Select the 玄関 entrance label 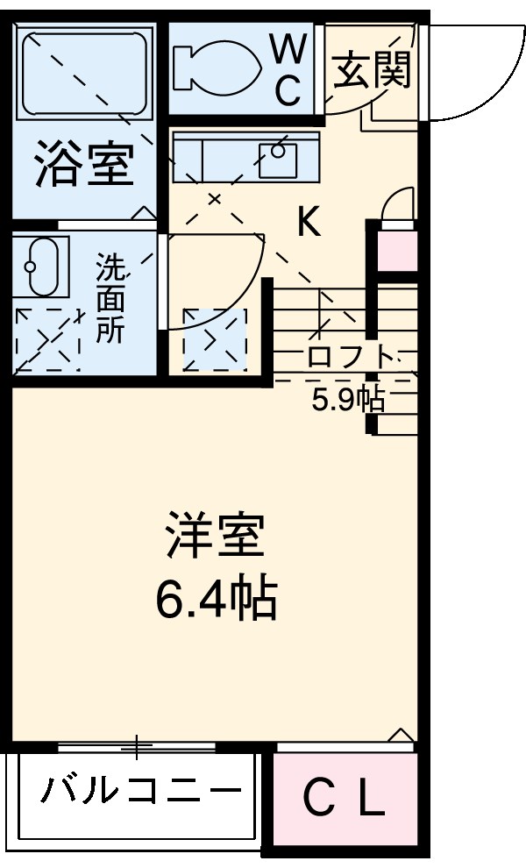pos(372,69)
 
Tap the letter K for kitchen pos(309,224)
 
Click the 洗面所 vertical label pos(110,298)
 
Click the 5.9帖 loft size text pos(348,400)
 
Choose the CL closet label pos(345,799)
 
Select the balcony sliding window pos(137,746)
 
